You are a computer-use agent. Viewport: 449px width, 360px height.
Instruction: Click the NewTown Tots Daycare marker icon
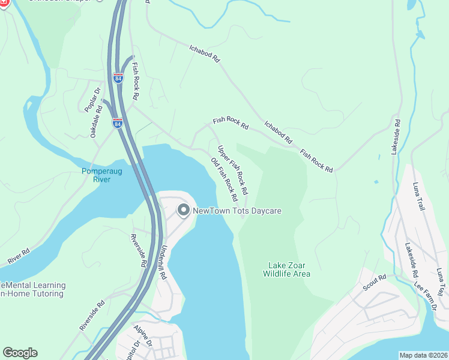(183, 210)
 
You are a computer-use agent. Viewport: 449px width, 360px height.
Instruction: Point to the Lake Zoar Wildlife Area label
(286, 269)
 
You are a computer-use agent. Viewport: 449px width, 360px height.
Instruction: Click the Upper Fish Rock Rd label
(233, 170)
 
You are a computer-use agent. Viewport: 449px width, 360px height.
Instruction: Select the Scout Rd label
(374, 283)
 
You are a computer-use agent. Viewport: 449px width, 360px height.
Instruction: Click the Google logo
(20, 353)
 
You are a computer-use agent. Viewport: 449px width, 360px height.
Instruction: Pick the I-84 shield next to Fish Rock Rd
(118, 78)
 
